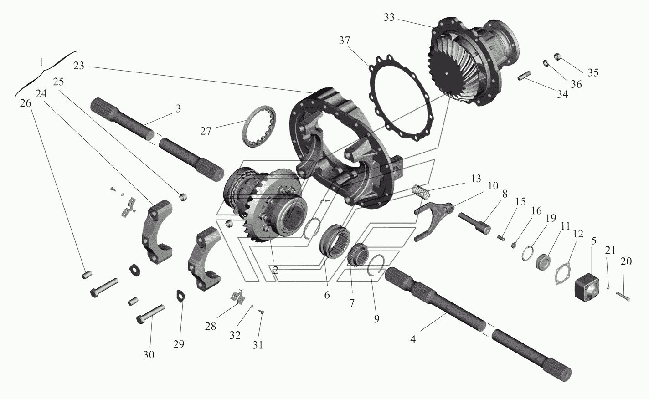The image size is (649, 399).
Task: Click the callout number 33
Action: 389,18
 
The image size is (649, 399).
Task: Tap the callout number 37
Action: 345,41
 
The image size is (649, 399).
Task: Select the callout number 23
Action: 78,66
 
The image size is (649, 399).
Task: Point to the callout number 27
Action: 206,131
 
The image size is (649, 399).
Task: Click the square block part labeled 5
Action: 586,286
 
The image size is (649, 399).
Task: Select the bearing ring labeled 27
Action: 259,126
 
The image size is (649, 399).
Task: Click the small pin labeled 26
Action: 87,275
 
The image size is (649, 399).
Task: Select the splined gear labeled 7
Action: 358,255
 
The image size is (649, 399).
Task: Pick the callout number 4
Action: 413,339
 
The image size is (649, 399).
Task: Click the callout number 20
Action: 626,261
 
